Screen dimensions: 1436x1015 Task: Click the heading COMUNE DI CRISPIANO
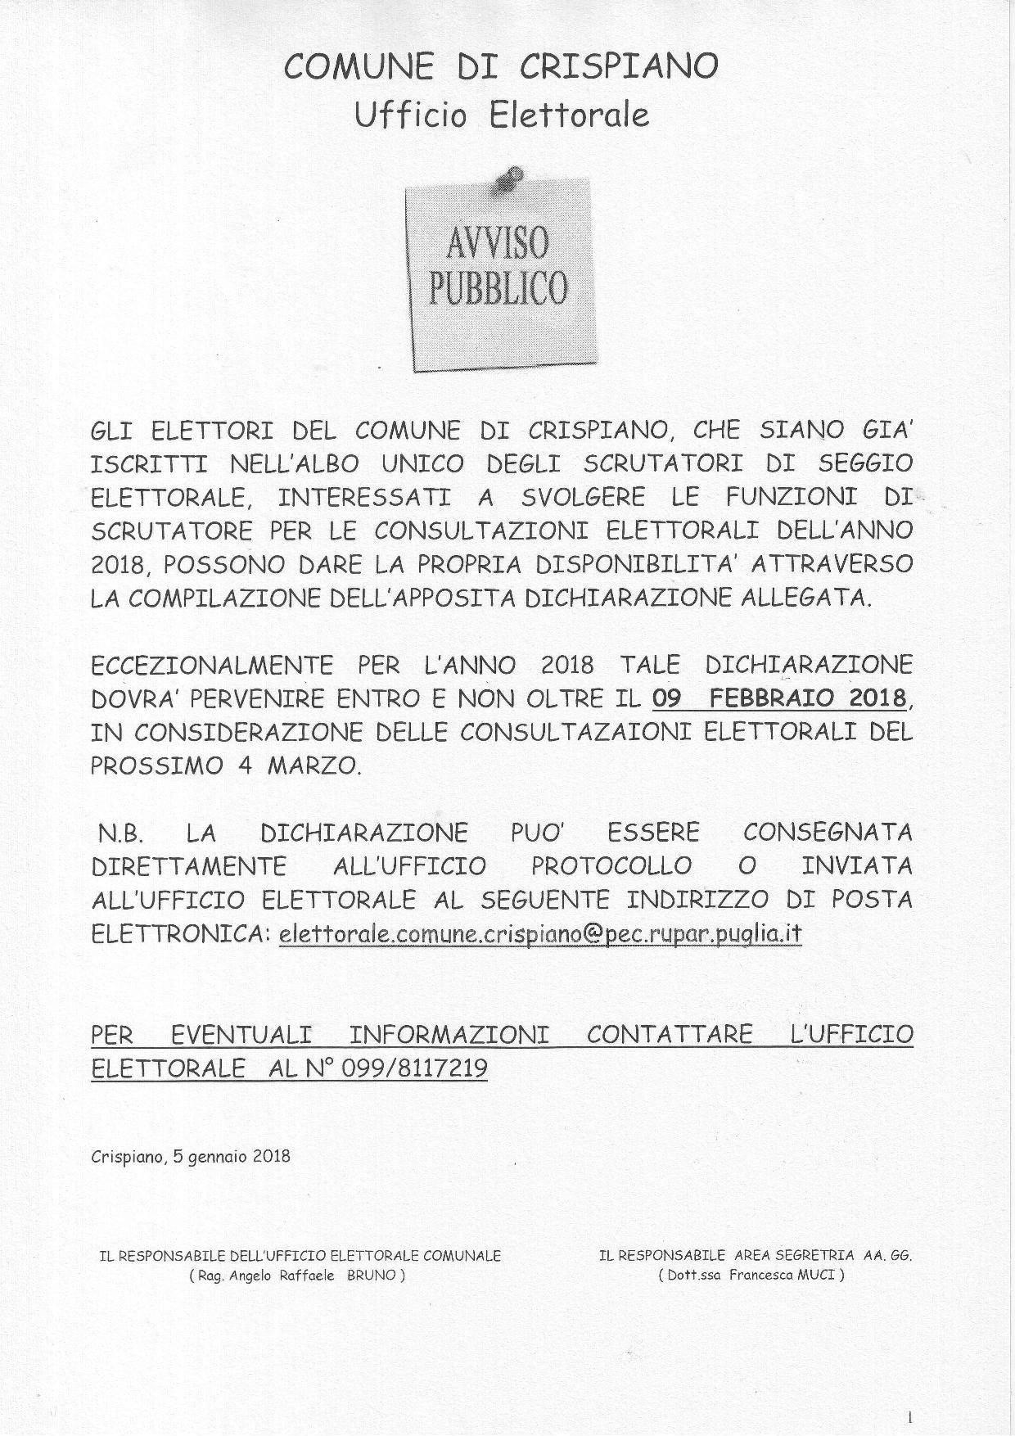(501, 66)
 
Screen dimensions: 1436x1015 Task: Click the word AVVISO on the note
(498, 244)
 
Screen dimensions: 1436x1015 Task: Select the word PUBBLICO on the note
(498, 287)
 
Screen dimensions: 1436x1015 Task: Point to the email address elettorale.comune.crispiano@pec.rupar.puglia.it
(539, 934)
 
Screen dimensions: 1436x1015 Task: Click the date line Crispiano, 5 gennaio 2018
(191, 1157)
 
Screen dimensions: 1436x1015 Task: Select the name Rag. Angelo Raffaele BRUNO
(297, 1276)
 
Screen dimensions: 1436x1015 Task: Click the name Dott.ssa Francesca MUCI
(750, 1276)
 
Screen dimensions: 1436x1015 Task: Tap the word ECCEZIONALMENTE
(212, 665)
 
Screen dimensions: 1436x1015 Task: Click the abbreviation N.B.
(121, 834)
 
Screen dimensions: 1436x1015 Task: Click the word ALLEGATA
(805, 598)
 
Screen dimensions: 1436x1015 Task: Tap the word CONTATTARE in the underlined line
(669, 1035)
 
